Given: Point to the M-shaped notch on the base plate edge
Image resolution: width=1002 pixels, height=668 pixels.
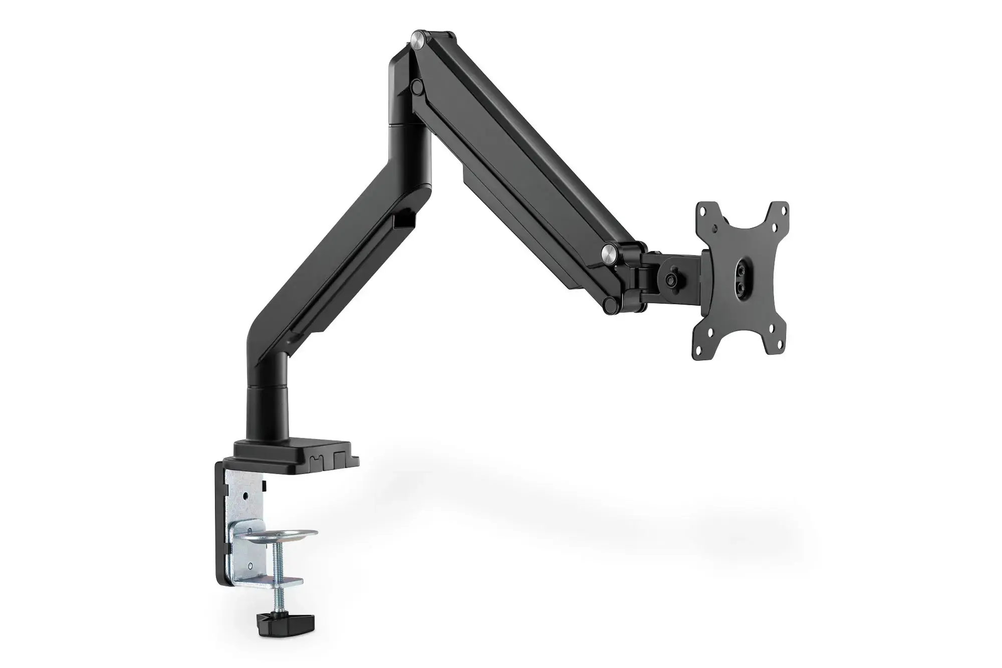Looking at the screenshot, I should (316, 460).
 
